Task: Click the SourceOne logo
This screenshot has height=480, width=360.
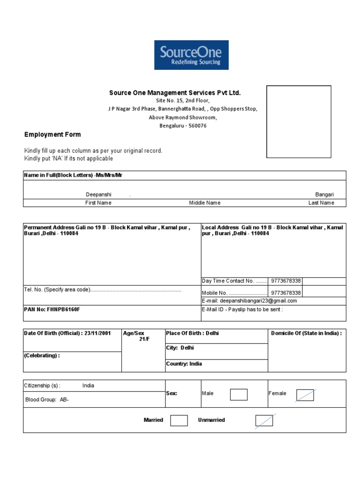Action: click(191, 55)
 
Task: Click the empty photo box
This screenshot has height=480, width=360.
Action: click(299, 121)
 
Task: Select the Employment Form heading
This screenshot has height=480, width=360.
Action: click(52, 135)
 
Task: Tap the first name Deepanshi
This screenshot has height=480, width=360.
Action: click(98, 194)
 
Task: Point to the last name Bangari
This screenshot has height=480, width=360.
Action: click(324, 194)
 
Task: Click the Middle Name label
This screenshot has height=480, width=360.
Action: click(204, 203)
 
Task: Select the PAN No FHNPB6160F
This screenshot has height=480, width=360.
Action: click(49, 310)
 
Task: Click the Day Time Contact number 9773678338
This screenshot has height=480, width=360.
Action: click(286, 281)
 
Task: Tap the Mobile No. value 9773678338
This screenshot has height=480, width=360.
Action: click(286, 292)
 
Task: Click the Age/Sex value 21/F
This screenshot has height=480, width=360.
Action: click(144, 339)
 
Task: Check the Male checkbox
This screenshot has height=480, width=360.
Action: click(239, 395)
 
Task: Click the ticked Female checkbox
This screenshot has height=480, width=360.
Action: click(305, 395)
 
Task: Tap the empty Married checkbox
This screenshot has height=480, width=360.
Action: click(179, 420)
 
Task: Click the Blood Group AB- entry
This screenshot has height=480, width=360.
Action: click(46, 400)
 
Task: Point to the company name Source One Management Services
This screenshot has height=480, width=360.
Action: click(175, 93)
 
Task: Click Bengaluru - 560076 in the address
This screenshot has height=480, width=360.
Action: click(183, 126)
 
